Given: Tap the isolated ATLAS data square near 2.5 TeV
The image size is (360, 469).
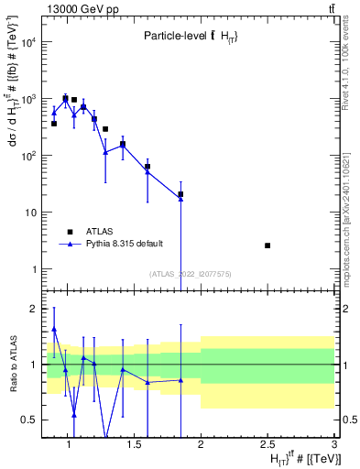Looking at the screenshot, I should (x=267, y=245).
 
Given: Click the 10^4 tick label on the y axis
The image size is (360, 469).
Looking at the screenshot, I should (x=28, y=42).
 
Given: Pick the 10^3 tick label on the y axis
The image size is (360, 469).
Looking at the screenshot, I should (x=28, y=99).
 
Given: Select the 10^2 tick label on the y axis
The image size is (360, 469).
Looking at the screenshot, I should (x=28, y=156).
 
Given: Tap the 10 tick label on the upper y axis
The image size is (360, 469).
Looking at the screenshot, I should (x=31, y=213).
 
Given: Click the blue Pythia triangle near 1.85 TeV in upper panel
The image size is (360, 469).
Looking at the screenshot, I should (x=180, y=198).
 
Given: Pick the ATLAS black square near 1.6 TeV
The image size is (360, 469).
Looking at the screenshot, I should (x=147, y=167).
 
